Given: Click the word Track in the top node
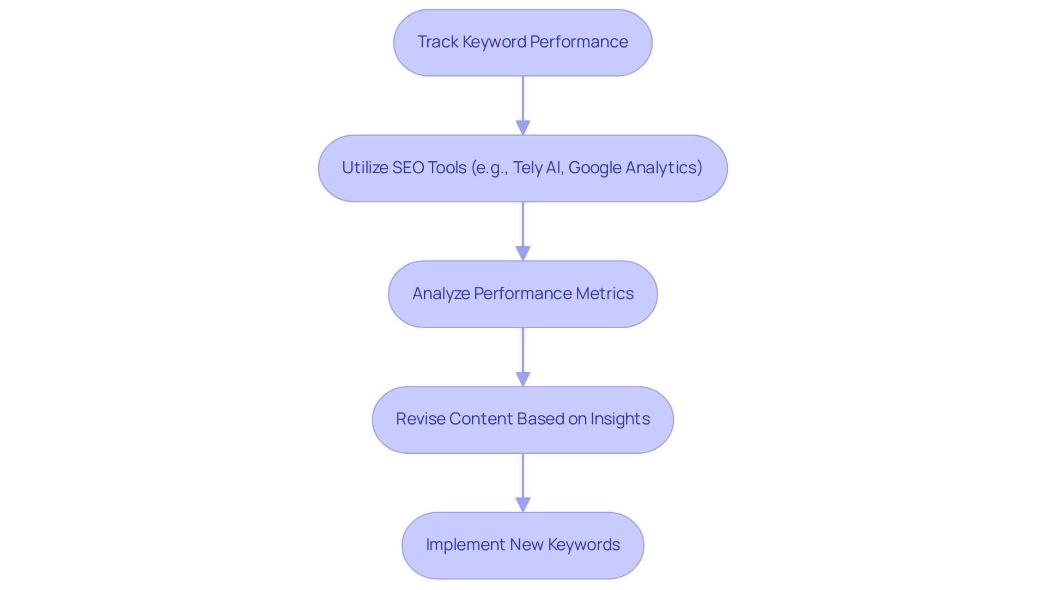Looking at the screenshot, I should coord(437,42).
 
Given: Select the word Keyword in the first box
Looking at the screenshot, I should coord(494,42).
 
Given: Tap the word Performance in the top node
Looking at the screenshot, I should coord(579,42).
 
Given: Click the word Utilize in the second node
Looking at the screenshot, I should coord(364,168).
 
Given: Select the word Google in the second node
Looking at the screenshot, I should coord(594,168).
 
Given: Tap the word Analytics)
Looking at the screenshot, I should coord(664,168).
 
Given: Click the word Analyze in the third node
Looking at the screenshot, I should coord(441,294).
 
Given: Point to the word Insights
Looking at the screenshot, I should coord(620,419).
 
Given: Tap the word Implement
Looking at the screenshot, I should coord(466,545).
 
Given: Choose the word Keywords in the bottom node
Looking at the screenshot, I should coord(583,545).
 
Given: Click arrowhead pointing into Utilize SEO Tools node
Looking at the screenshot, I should coord(523,128).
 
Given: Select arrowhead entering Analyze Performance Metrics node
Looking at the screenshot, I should coord(523,254).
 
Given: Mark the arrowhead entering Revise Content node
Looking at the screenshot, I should coord(523,380).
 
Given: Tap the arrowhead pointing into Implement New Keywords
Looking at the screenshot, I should coord(523,505).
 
